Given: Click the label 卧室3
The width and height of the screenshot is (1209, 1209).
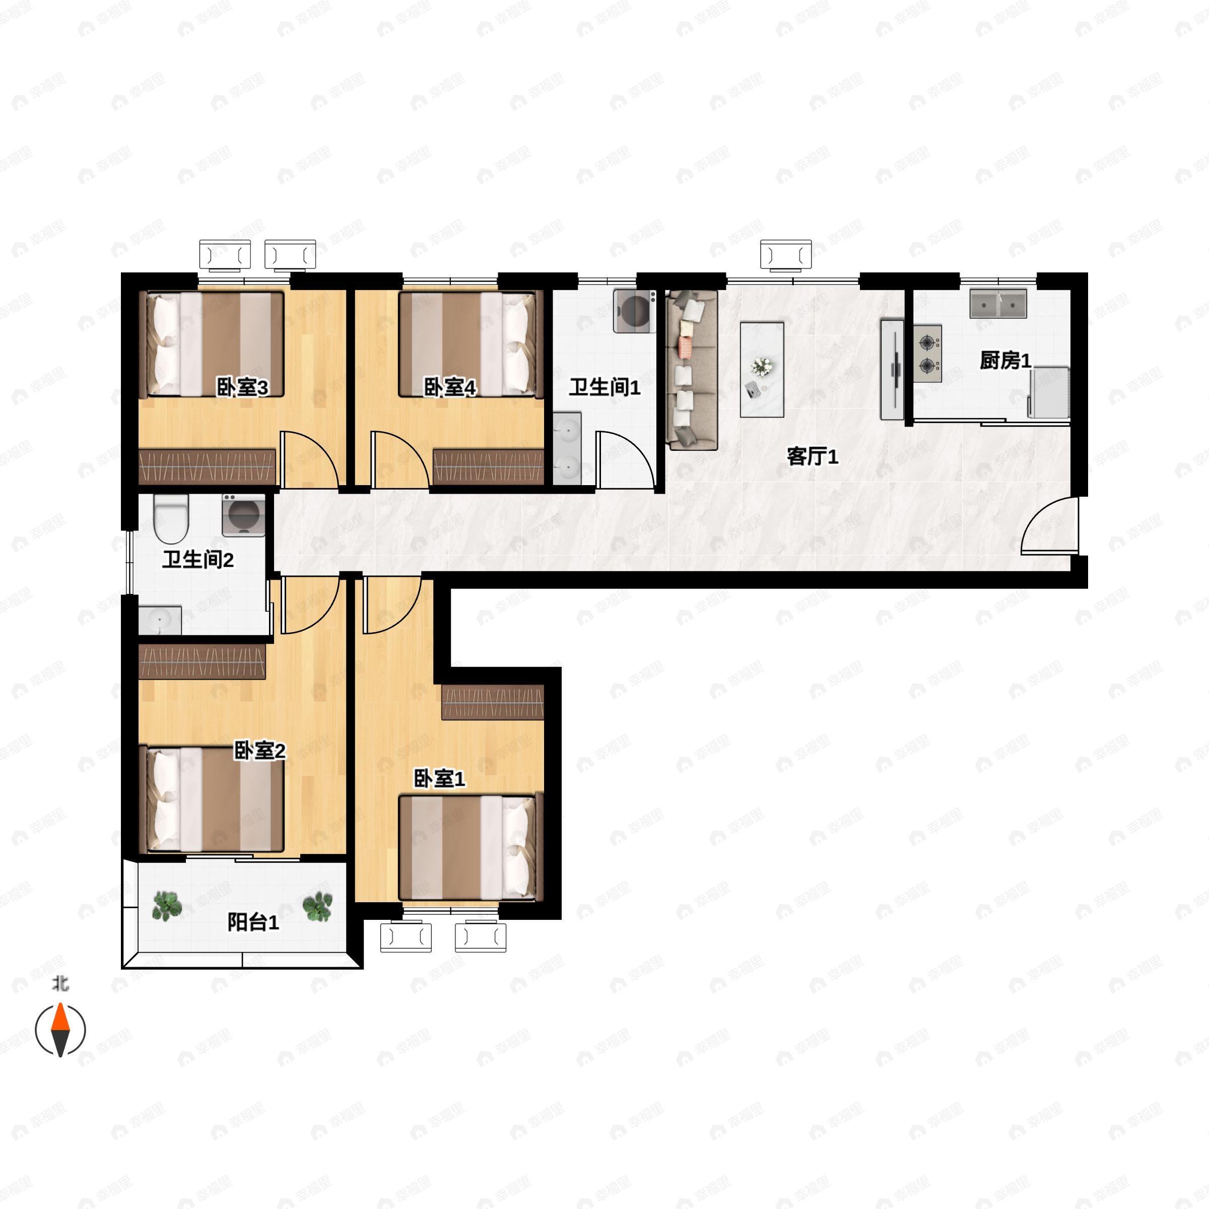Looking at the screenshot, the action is click(x=242, y=387).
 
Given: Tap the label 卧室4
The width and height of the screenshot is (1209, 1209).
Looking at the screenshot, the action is click(x=450, y=387).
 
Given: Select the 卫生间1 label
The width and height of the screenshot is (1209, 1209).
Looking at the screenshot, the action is click(x=604, y=387).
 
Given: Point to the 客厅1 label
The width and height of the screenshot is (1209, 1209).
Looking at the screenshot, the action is click(x=812, y=456).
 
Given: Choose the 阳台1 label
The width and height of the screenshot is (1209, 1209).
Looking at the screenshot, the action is click(x=253, y=922).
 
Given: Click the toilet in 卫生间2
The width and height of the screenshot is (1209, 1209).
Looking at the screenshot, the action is click(x=171, y=518).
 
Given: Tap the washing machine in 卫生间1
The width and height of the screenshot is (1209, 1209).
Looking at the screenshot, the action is click(x=635, y=310).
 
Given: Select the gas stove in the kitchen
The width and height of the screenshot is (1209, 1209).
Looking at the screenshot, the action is click(x=927, y=354).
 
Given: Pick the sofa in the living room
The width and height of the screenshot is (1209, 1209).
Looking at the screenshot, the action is click(x=692, y=369).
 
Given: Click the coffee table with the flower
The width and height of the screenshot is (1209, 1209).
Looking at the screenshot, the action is click(x=762, y=369).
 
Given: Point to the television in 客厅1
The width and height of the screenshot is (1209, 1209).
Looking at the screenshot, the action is click(x=892, y=369).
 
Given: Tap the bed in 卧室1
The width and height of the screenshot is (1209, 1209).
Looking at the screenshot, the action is click(x=468, y=848).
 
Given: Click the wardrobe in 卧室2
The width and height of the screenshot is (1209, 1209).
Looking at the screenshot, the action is click(x=202, y=662).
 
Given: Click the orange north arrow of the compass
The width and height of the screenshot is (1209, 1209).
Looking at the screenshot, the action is click(x=60, y=1016).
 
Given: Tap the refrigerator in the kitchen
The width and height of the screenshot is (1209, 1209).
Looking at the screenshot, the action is click(x=1048, y=392).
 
